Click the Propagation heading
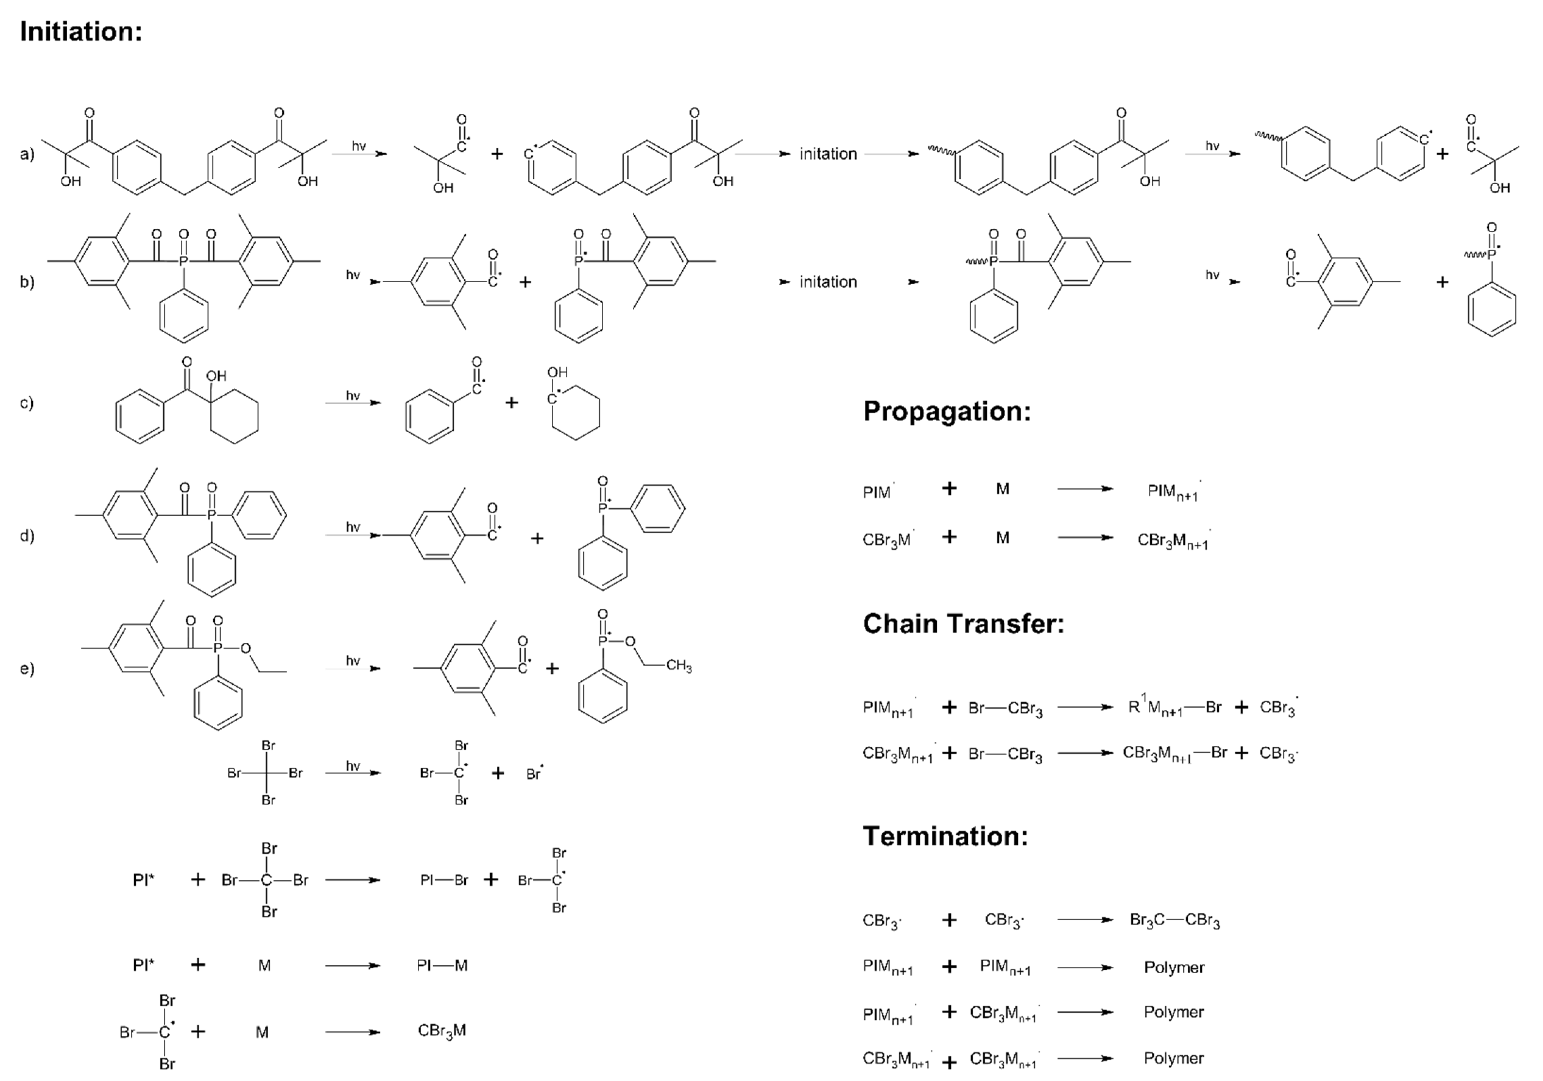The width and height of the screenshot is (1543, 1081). (946, 411)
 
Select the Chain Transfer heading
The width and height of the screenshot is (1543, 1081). (963, 623)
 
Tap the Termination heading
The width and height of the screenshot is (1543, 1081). (945, 836)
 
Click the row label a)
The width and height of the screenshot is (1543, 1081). (27, 154)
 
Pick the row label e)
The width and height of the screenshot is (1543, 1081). (27, 668)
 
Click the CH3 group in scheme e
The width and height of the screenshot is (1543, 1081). (679, 667)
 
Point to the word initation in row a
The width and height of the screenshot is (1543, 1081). (828, 154)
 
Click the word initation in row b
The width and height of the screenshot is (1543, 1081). (828, 282)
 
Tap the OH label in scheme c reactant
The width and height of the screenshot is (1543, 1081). (216, 376)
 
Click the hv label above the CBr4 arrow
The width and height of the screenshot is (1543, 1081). (353, 765)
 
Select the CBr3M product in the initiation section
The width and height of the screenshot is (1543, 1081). (441, 1031)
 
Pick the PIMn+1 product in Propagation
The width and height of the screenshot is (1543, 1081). (1173, 492)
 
